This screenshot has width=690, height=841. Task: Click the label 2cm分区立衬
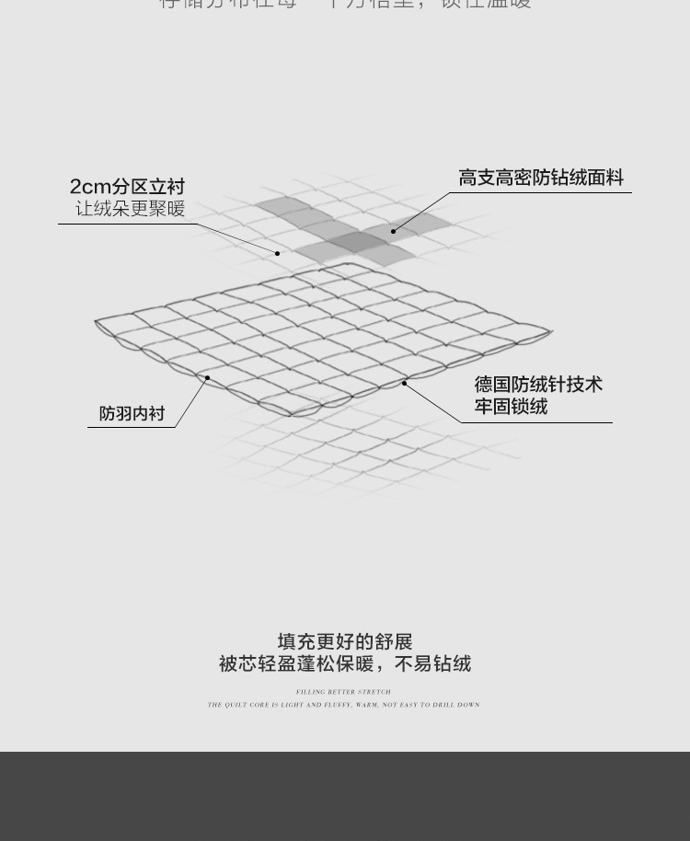[127, 188]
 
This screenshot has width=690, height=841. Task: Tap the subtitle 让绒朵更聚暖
[130, 209]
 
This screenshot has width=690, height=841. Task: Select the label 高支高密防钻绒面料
[541, 178]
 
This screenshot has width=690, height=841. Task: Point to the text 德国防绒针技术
[538, 384]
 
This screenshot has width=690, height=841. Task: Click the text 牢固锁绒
[511, 406]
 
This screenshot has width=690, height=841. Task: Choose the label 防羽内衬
[132, 414]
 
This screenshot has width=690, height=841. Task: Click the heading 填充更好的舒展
[345, 641]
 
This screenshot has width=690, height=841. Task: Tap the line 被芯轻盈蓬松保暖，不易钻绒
[345, 663]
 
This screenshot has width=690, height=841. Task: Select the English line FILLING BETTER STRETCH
[343, 692]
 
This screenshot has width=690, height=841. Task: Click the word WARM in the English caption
[368, 706]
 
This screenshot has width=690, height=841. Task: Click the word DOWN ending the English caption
[468, 706]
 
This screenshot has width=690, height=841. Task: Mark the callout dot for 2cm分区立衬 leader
[277, 253]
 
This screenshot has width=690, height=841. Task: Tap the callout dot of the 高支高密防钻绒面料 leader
[393, 231]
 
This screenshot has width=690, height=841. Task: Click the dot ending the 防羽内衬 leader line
[208, 377]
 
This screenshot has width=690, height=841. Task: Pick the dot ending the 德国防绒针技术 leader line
[405, 383]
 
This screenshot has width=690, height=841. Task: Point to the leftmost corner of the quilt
[97, 321]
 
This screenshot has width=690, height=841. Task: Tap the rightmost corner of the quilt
[551, 332]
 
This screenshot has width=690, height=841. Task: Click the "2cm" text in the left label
[90, 188]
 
